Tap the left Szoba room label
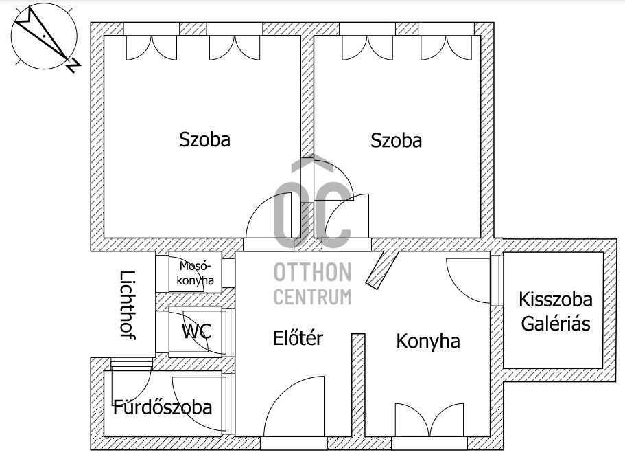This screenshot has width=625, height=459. click(x=204, y=139)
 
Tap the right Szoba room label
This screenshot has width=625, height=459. click(x=396, y=141)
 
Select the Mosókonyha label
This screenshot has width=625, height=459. click(x=195, y=273)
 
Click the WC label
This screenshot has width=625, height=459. click(x=196, y=331)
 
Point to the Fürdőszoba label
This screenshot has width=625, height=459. click(x=163, y=407)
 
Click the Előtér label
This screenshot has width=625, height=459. click(x=298, y=338)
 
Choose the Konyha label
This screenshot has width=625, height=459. click(x=428, y=341)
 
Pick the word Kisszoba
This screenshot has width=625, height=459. click(x=556, y=300)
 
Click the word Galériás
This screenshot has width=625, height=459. click(x=556, y=324)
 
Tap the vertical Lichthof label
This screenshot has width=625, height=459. click(x=127, y=305)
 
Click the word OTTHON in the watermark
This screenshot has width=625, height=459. click(x=313, y=273)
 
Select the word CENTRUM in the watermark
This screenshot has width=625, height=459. click(x=313, y=297)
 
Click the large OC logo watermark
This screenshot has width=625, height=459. click(x=313, y=206)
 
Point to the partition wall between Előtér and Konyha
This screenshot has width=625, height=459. click(x=357, y=385)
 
